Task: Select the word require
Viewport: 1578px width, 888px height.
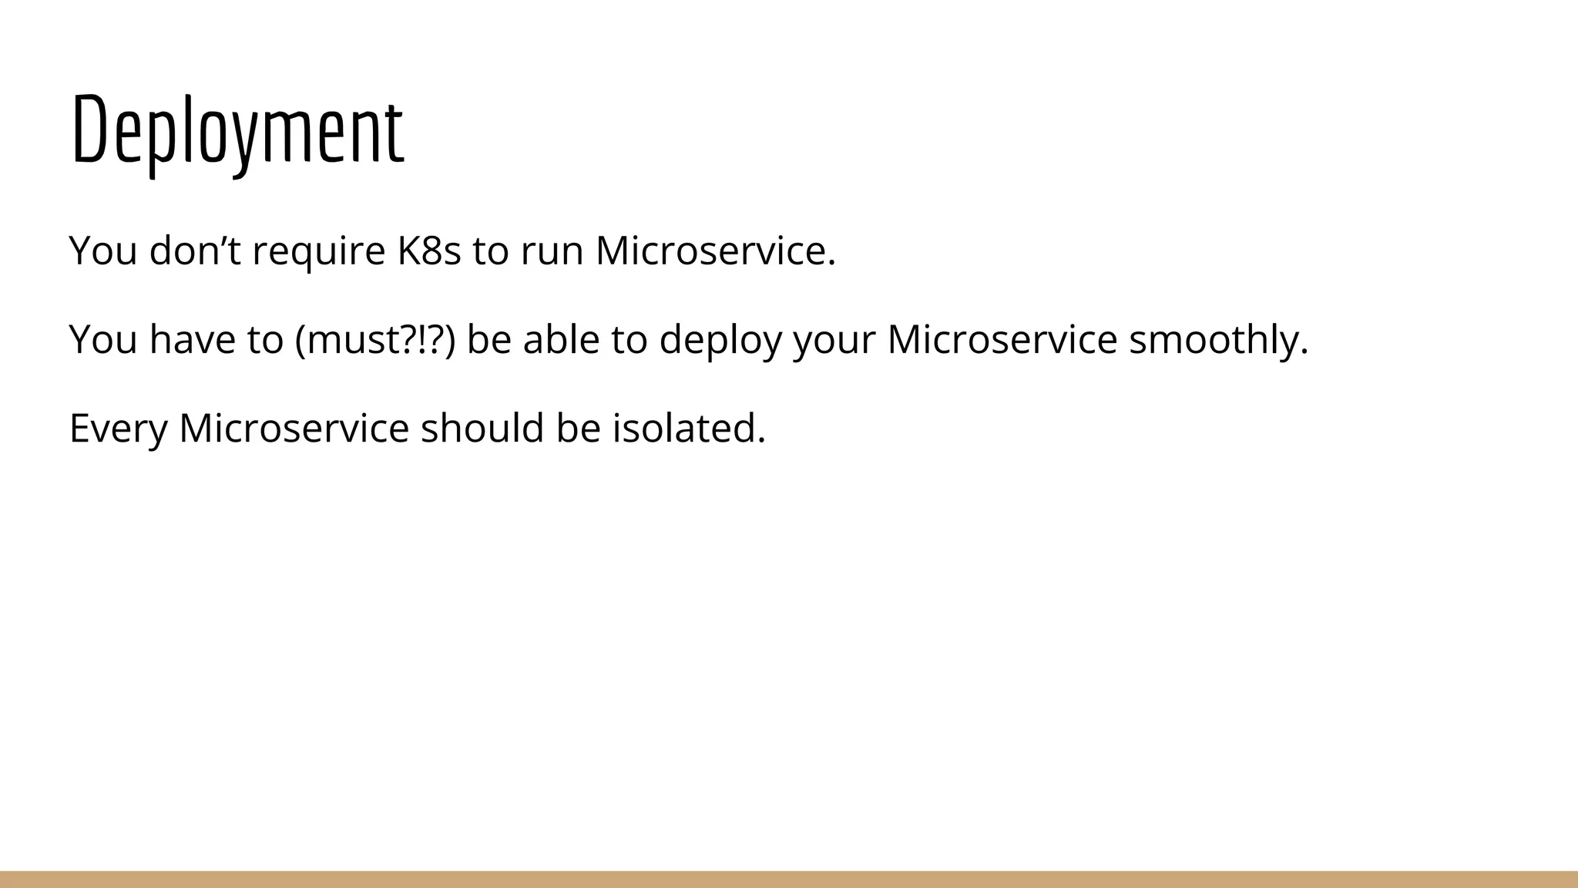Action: pos(318,251)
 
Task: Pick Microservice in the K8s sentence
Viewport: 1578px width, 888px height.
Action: pos(715,251)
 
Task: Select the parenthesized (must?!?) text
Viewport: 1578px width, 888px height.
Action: pos(374,339)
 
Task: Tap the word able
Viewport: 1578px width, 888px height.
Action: pos(561,339)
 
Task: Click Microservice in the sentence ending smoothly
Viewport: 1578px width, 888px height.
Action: pos(1002,339)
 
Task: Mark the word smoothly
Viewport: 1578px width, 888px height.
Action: pos(1218,339)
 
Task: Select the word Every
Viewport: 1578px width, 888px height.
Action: pos(118,428)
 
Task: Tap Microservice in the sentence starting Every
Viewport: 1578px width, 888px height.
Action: pos(294,428)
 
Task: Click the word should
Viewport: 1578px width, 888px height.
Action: pos(482,428)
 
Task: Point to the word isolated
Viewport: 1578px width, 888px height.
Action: pos(689,428)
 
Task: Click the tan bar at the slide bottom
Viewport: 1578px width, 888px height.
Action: pos(789,880)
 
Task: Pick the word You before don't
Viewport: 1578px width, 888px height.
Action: pos(102,251)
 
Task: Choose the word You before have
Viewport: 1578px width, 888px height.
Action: pos(102,339)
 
